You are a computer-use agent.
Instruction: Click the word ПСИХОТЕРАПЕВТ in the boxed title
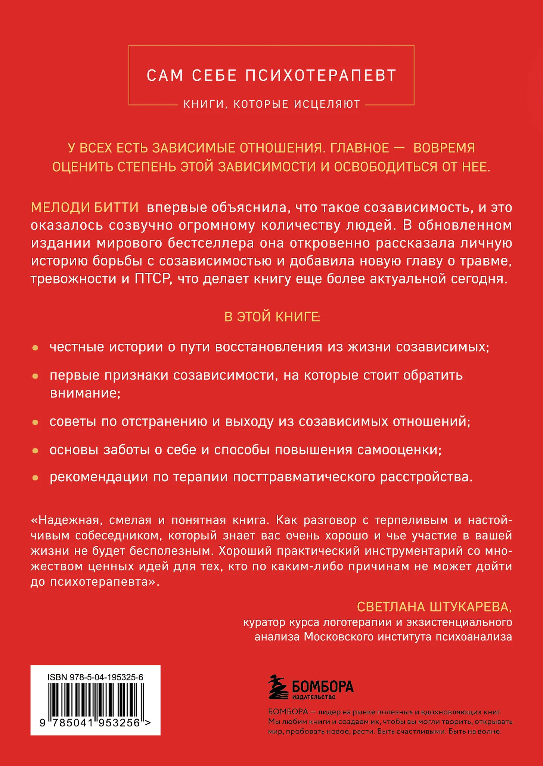(x=320, y=76)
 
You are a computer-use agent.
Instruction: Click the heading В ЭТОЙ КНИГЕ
(x=272, y=317)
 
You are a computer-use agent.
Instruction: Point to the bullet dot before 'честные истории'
(x=35, y=348)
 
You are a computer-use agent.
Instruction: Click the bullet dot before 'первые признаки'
(x=35, y=376)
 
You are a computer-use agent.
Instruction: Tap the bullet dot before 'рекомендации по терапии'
(x=35, y=478)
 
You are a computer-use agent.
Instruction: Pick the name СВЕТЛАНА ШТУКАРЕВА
(x=434, y=606)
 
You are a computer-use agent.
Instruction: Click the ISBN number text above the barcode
(x=95, y=677)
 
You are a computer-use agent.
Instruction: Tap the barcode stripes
(x=95, y=699)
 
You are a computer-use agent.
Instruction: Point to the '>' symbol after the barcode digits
(x=148, y=723)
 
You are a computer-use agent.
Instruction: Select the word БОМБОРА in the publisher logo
(x=322, y=686)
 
